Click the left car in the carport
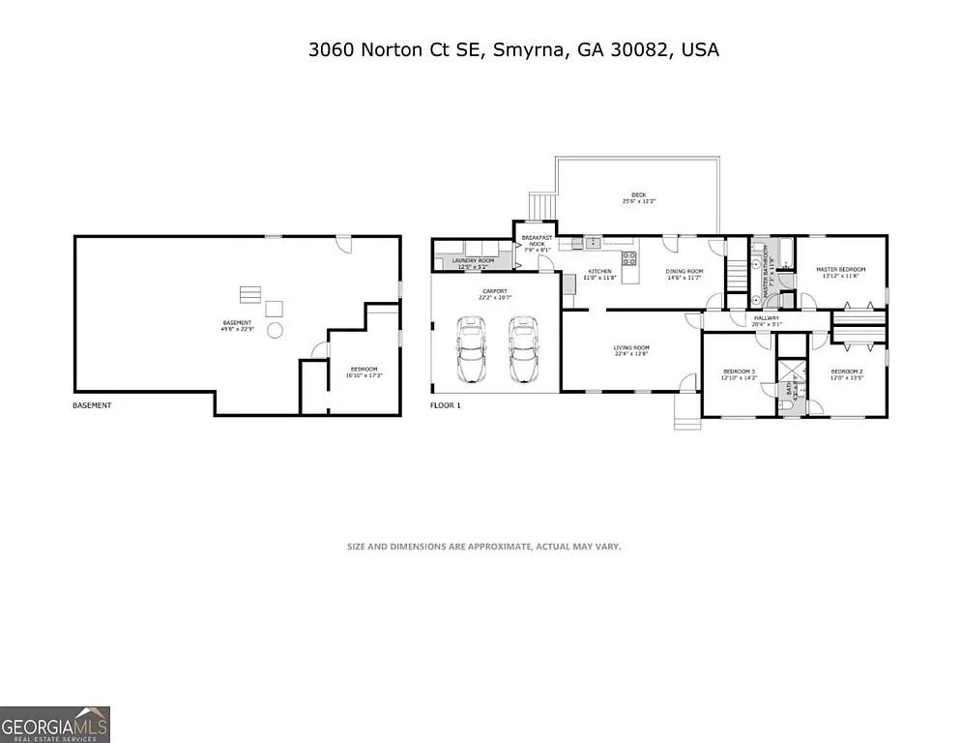coord(471,350)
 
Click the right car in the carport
coord(523,350)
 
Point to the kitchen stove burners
coord(628,257)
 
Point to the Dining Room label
coord(684,274)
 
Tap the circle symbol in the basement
coord(275,331)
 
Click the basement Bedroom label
coord(364,371)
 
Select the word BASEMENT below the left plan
coord(93,405)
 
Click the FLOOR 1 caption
coord(446,405)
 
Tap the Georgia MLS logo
coord(55,724)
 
